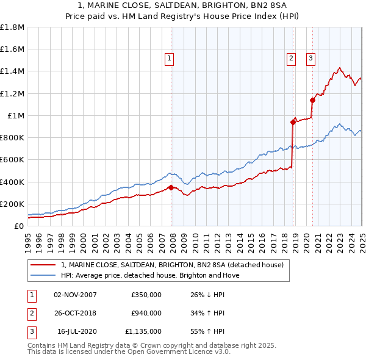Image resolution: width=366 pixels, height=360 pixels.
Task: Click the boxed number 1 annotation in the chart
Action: (x=169, y=59)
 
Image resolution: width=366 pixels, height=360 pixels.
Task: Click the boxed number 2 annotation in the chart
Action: (x=291, y=59)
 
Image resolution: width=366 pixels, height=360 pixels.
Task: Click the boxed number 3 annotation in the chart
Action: (x=310, y=59)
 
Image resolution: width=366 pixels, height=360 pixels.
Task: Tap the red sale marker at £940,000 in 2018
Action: (x=293, y=122)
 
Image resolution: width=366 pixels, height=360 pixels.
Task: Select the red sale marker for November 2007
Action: (x=171, y=187)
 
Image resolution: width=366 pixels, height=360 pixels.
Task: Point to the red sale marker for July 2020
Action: (x=312, y=100)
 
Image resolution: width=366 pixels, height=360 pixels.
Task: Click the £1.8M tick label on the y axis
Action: (x=12, y=27)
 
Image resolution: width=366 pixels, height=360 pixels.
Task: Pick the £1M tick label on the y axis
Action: (x=16, y=115)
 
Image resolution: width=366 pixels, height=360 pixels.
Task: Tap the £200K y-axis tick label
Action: (x=12, y=204)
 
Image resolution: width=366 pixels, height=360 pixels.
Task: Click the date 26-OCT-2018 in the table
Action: (x=75, y=313)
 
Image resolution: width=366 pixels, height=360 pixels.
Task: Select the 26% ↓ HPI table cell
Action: (x=207, y=295)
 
